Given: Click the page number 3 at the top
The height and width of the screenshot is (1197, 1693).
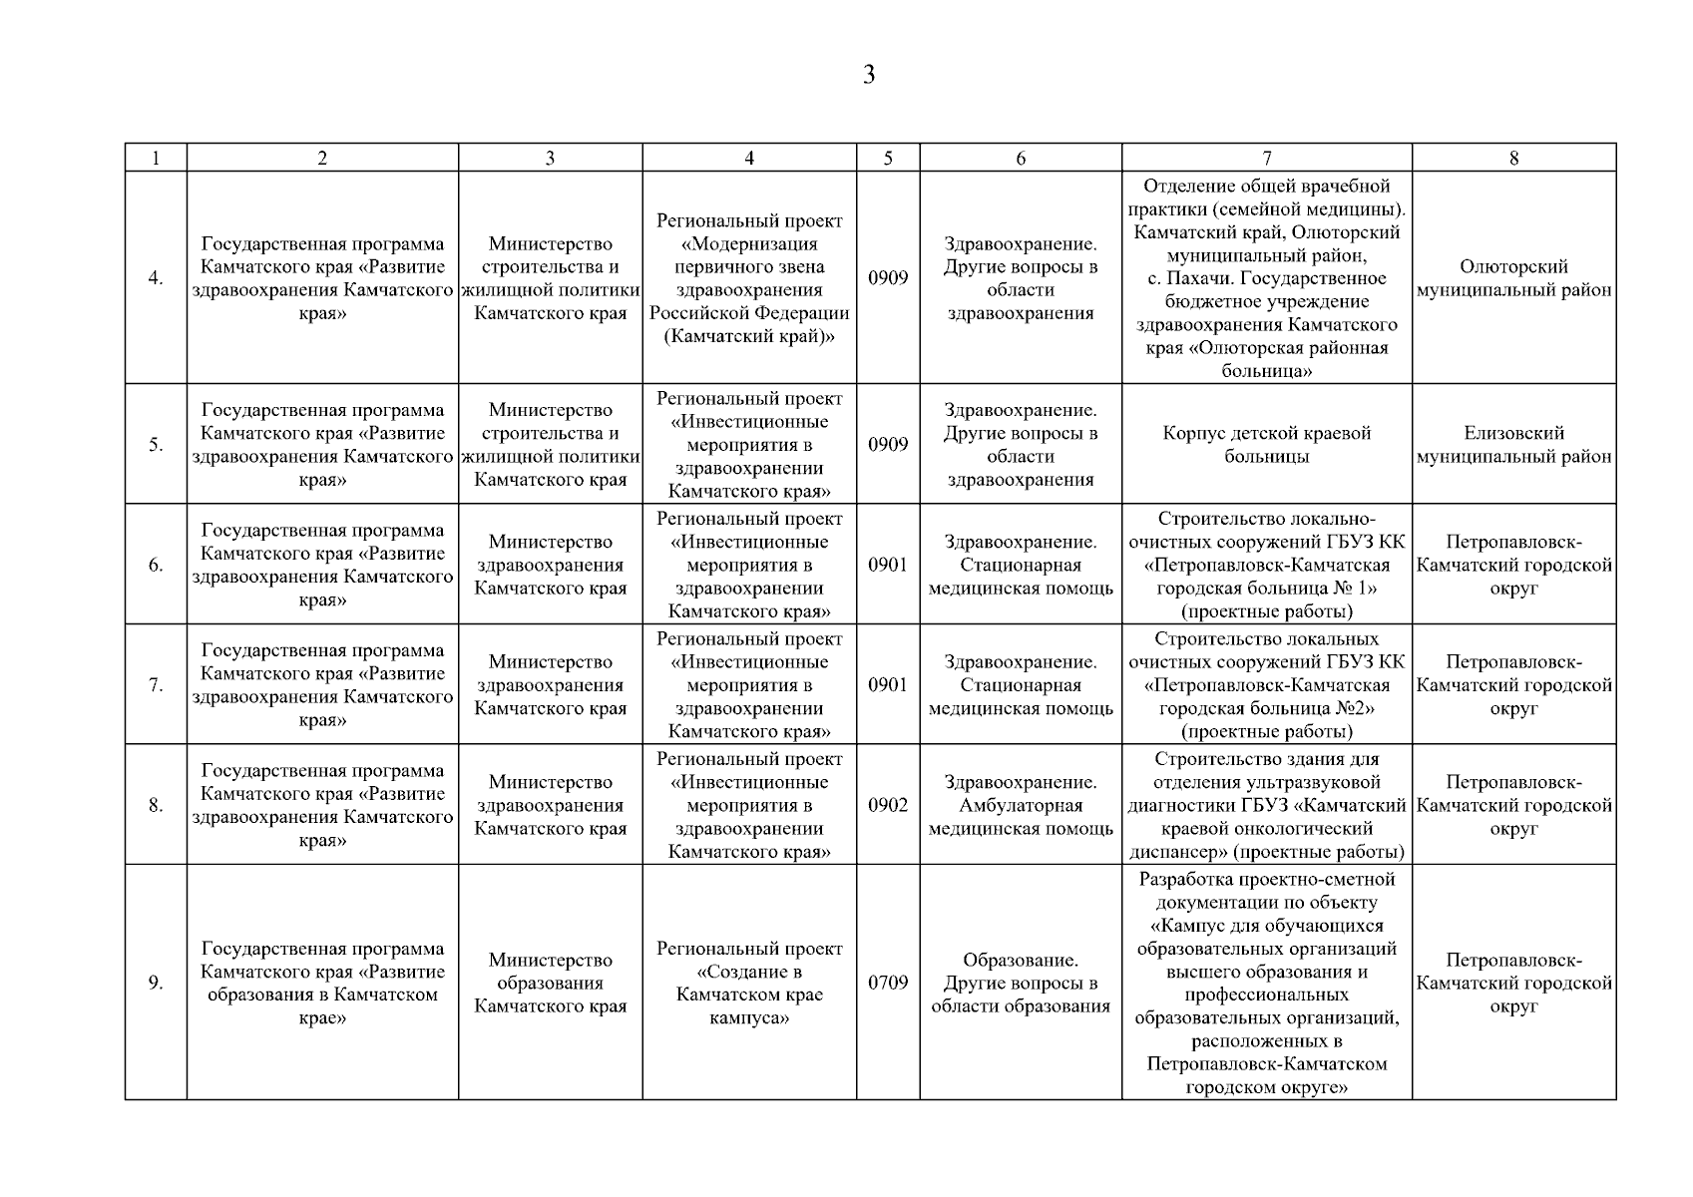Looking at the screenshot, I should pyautogui.click(x=869, y=76).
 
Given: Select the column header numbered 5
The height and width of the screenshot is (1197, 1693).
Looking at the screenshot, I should pyautogui.click(x=888, y=158).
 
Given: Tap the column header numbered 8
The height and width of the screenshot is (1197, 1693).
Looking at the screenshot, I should pyautogui.click(x=1513, y=158).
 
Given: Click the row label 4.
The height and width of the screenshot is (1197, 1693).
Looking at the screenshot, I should pyautogui.click(x=156, y=278).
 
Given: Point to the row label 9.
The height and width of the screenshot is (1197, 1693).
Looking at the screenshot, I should pyautogui.click(x=156, y=984).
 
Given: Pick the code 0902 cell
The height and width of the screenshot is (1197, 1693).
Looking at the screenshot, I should pyautogui.click(x=888, y=805).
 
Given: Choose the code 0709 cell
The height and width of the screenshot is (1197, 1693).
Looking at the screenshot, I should pyautogui.click(x=888, y=984).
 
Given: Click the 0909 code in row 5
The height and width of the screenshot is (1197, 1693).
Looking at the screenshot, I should pyautogui.click(x=888, y=445).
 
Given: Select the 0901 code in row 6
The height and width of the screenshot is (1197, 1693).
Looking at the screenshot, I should pyautogui.click(x=888, y=566).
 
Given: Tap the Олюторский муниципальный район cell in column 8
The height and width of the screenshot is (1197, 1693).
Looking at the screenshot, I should pyautogui.click(x=1513, y=278).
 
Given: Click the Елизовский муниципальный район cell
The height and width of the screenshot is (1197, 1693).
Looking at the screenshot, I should pyautogui.click(x=1513, y=445).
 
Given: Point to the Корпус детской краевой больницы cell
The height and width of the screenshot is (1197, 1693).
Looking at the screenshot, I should pyautogui.click(x=1267, y=445).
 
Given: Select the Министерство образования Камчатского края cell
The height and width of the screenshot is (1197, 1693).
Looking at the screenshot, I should pyautogui.click(x=550, y=984).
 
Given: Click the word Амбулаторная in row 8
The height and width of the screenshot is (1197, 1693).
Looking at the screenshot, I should pyautogui.click(x=1021, y=806).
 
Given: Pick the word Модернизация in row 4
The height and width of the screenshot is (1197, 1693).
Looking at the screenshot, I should pyautogui.click(x=749, y=244).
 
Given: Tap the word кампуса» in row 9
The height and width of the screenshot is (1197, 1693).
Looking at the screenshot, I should pyautogui.click(x=749, y=1018).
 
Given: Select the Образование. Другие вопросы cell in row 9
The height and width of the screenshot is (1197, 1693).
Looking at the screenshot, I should pyautogui.click(x=1021, y=984).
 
